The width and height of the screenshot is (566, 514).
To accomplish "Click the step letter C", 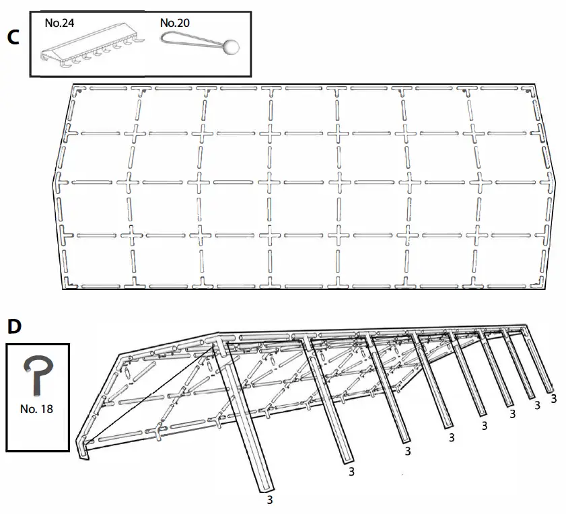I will coord(12,37).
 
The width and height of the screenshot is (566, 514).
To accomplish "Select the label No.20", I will coord(174,23).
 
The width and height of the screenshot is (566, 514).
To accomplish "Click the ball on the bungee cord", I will coord(232,46).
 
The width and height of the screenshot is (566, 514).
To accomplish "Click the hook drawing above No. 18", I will coord(36,372).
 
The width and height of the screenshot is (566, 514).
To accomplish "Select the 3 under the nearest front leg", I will coord(270,500).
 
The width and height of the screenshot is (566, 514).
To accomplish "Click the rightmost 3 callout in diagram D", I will coord(553,399).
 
